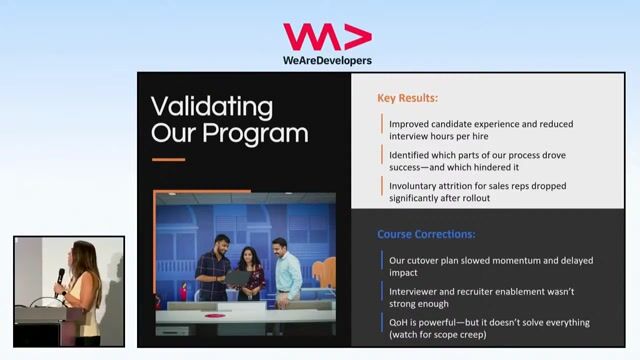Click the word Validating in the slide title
(x=211, y=107)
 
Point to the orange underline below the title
(x=168, y=159)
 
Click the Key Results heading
(x=408, y=98)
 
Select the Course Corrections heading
(x=426, y=234)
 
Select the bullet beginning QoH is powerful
(x=490, y=322)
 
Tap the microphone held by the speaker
(x=60, y=276)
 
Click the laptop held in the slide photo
(x=237, y=276)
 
